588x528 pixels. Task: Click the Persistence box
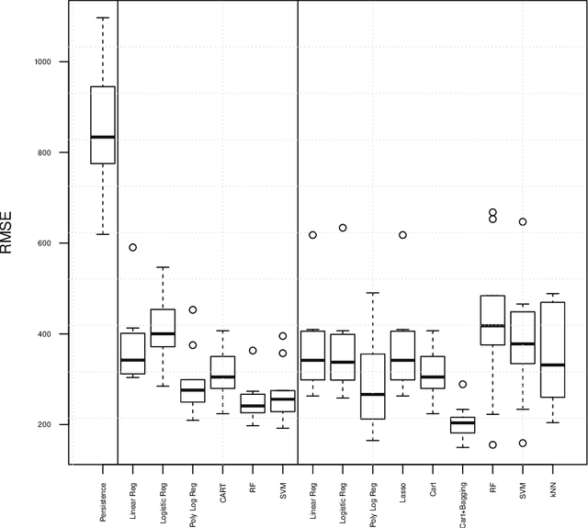102,125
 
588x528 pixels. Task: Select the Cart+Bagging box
462,425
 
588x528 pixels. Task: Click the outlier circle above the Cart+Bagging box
463,385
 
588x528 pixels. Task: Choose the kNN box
552,350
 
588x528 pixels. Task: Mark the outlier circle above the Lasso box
402,235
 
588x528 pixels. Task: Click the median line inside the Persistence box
102,137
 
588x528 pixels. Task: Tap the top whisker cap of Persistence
102,17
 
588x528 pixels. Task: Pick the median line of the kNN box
552,365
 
